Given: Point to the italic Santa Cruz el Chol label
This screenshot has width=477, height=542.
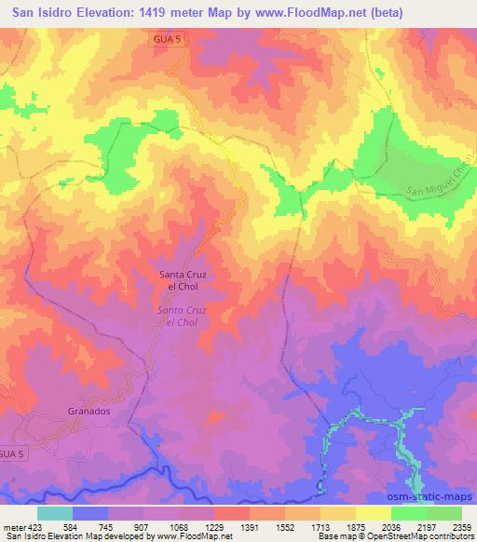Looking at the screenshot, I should pyautogui.click(x=182, y=315).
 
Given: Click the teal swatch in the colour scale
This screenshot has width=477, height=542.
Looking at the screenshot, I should pyautogui.click(x=55, y=513).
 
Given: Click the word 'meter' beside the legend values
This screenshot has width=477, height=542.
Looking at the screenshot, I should pyautogui.click(x=16, y=526).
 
